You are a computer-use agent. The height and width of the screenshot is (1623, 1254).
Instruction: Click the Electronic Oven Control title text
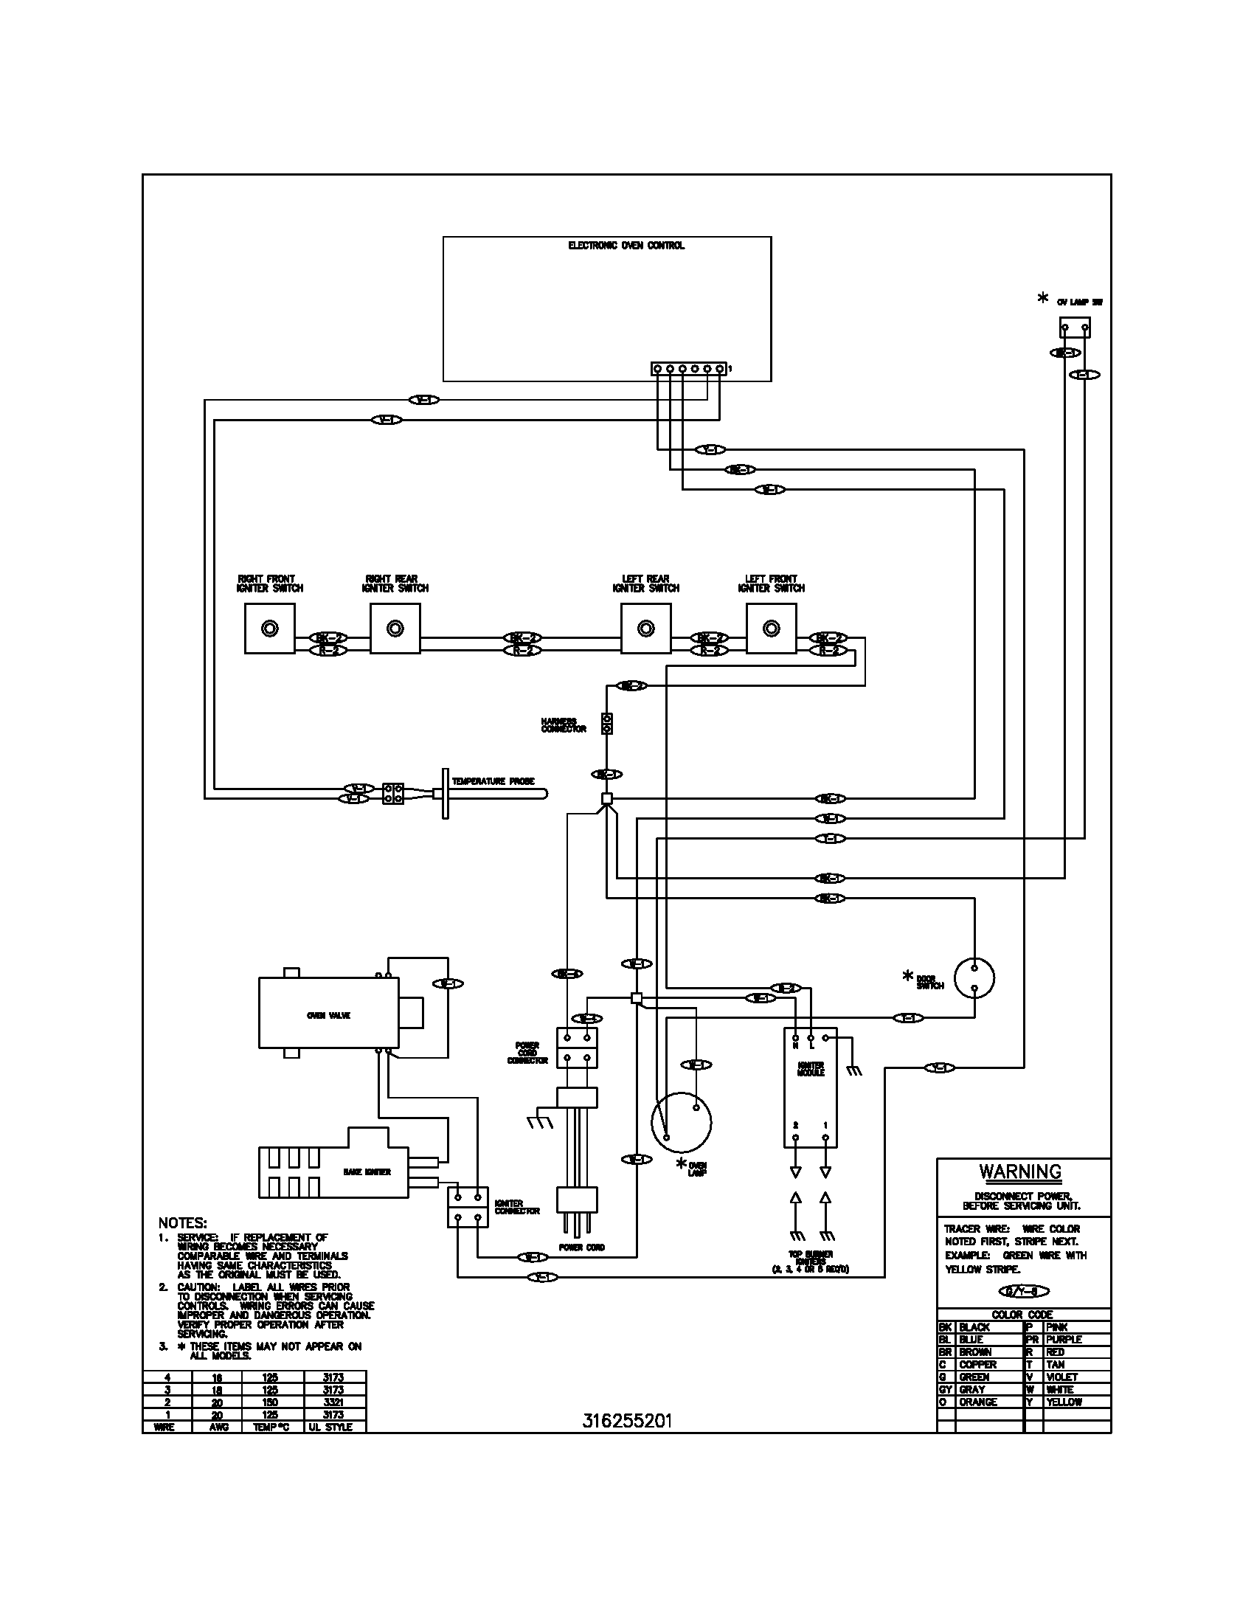tap(626, 245)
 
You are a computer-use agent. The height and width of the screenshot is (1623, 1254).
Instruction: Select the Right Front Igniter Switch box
tap(269, 628)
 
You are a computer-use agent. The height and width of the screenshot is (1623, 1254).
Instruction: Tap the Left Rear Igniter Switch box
tap(645, 628)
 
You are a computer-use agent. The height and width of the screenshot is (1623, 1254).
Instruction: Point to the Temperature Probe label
tap(493, 781)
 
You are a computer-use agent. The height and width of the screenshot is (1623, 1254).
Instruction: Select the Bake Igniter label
tap(367, 1172)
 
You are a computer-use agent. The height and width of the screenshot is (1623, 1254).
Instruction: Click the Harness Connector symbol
tap(607, 724)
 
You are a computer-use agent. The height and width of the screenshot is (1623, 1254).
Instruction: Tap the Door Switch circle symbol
tap(974, 977)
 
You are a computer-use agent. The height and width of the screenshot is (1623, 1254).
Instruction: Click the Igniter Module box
tap(811, 1088)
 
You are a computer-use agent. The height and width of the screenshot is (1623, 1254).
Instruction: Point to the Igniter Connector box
tap(467, 1207)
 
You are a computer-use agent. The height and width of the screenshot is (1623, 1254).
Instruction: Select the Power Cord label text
tap(582, 1247)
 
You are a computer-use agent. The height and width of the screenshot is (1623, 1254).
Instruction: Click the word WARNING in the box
tap(1020, 1172)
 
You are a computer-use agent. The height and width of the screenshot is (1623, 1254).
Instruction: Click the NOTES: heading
tap(183, 1222)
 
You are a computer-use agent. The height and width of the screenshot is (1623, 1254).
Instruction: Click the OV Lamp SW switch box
tap(1074, 328)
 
